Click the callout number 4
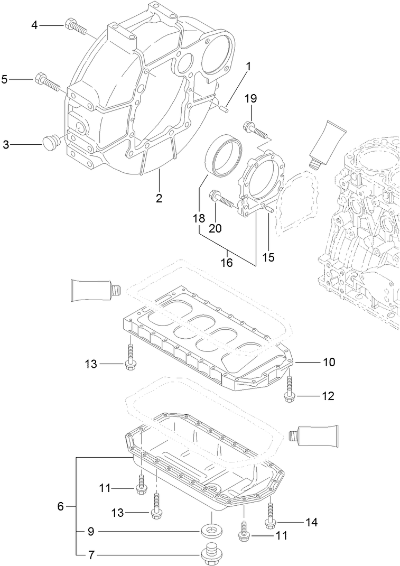(34, 25)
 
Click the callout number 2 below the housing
(159, 199)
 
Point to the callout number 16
(226, 263)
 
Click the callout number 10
(329, 363)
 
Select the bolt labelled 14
(271, 515)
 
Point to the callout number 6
(60, 506)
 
